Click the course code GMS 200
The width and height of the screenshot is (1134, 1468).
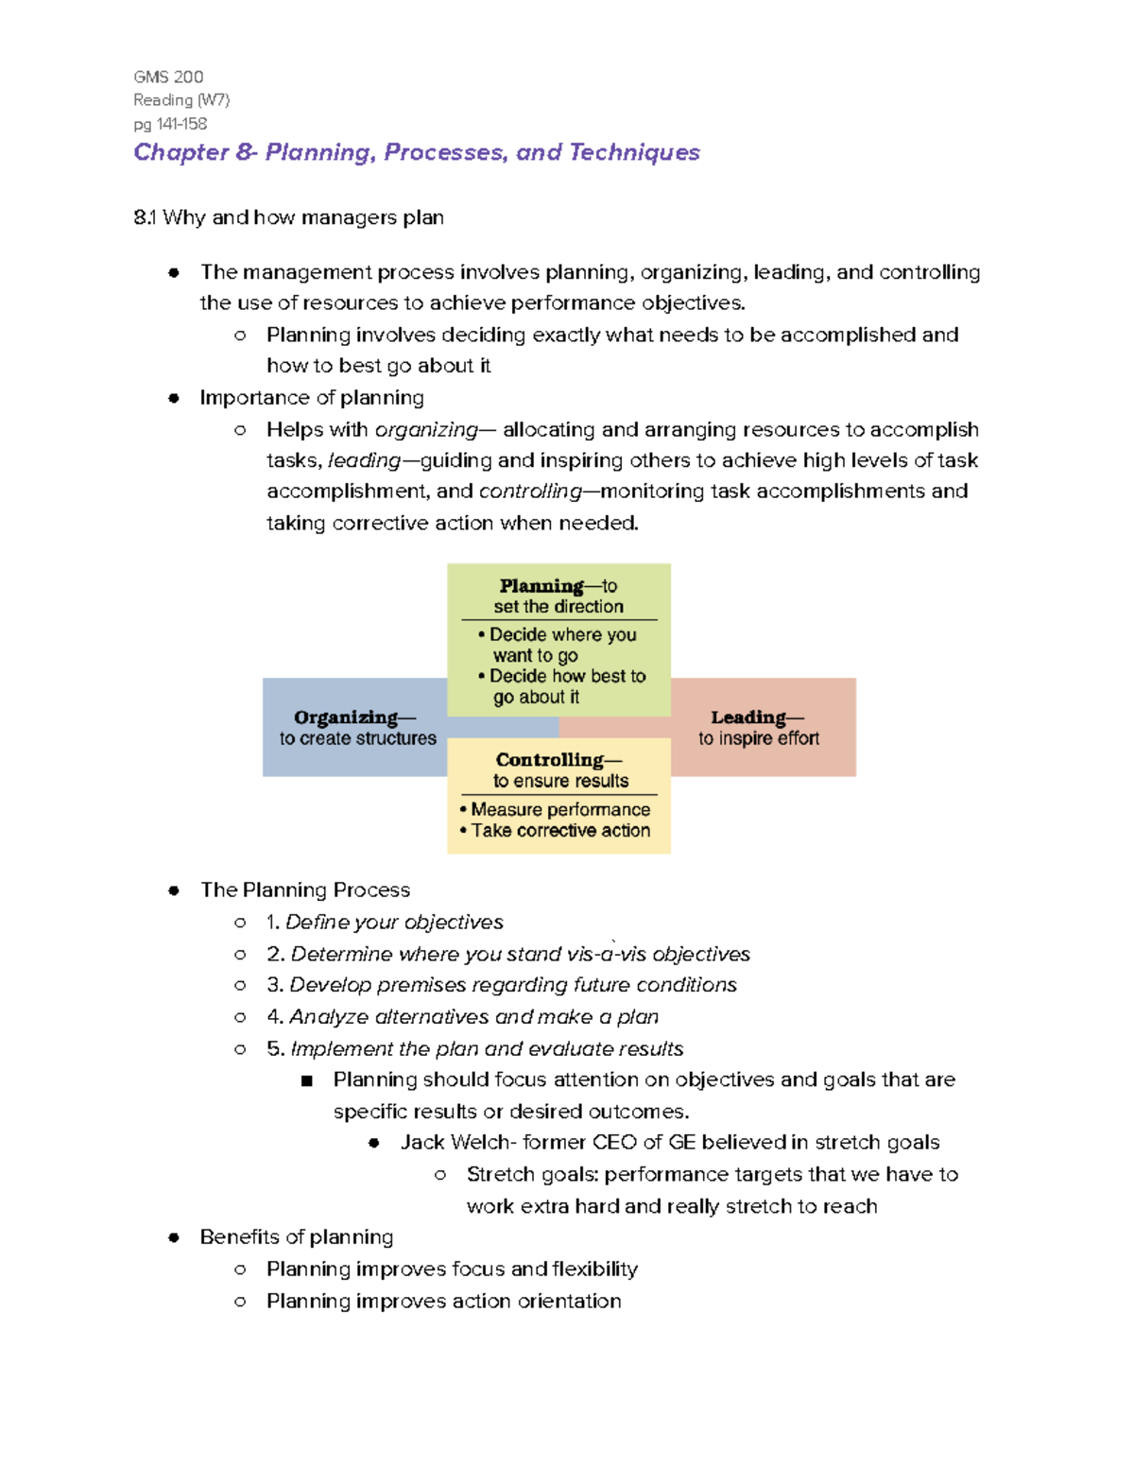pos(168,78)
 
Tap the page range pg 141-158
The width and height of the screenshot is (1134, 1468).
pos(170,124)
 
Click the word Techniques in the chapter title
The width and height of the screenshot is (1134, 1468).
pos(634,152)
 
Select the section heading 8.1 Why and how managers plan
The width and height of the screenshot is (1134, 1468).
pos(288,217)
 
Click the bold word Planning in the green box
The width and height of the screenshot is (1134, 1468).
pos(541,586)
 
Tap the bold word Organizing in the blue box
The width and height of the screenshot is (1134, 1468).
pos(345,717)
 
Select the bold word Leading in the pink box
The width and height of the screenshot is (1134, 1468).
pos(747,717)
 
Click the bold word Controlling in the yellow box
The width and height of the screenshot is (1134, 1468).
pos(549,760)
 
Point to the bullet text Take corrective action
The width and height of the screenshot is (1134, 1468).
pos(560,831)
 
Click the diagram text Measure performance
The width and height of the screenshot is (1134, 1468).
pos(560,810)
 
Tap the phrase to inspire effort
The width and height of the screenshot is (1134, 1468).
pos(759,738)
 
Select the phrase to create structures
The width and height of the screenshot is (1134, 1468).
pos(358,738)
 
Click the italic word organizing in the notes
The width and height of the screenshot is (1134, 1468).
pos(426,430)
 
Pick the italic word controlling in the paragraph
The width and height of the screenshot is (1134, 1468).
pos(530,492)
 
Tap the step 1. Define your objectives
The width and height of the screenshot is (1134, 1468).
pos(385,922)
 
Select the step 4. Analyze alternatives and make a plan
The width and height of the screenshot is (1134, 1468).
pos(463,1017)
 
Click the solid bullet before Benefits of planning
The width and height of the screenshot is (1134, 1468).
pos(174,1237)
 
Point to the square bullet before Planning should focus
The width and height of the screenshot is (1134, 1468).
pos(306,1080)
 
